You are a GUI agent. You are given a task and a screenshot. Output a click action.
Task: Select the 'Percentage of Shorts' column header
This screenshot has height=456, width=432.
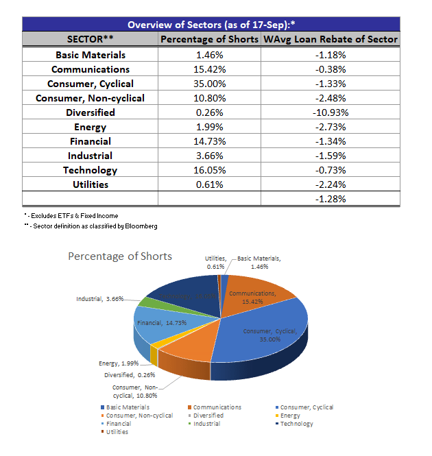click(x=210, y=39)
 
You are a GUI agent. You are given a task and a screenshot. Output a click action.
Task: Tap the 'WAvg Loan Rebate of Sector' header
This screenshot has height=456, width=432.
click(x=331, y=39)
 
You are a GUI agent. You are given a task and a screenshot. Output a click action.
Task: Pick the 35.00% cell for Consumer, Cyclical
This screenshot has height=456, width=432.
click(x=210, y=84)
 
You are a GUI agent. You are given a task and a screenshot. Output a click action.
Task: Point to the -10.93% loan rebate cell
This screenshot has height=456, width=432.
click(x=331, y=112)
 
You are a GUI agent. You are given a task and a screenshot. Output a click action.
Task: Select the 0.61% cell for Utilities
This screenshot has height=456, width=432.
click(x=210, y=184)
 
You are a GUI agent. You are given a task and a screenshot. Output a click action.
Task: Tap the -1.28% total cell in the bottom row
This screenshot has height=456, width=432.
click(x=331, y=199)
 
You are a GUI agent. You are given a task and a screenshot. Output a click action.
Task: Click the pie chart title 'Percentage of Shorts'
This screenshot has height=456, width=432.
click(x=120, y=256)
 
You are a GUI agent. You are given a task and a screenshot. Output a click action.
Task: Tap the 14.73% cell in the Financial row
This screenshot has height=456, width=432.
click(x=210, y=141)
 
